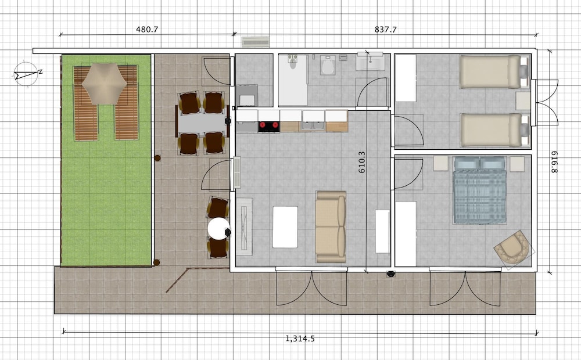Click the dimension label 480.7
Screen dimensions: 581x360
[147, 29]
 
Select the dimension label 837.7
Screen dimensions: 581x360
[386, 29]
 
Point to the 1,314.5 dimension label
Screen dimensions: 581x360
[300, 338]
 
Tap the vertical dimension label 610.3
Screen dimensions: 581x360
[362, 162]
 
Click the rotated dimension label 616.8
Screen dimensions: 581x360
[554, 162]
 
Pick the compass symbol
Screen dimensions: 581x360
[27, 74]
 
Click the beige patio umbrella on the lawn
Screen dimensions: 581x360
[105, 84]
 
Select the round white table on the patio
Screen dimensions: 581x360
[218, 228]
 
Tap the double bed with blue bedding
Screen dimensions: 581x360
[480, 190]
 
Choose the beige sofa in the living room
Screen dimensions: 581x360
[331, 226]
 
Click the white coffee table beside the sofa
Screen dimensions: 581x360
[285, 227]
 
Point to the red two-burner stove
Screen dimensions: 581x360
[269, 127]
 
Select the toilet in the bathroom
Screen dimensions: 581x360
[328, 65]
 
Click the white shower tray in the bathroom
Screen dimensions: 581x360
[293, 80]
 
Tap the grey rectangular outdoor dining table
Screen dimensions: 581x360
[202, 123]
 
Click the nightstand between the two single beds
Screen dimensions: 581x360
[523, 101]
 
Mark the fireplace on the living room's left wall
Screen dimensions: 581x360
[245, 226]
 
